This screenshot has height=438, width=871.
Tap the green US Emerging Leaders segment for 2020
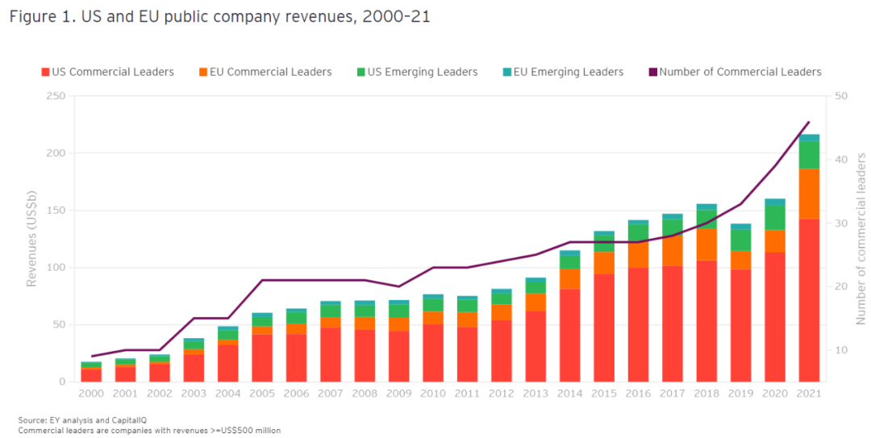(x=775, y=217)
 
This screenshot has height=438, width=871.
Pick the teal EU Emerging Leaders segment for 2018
(x=706, y=206)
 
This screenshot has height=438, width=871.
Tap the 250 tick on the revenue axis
(x=56, y=96)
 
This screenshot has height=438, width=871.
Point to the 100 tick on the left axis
(x=56, y=268)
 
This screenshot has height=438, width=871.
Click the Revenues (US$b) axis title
(x=32, y=240)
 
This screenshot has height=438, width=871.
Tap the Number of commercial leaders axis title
(x=861, y=240)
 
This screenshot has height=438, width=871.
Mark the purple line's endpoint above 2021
(x=809, y=122)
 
